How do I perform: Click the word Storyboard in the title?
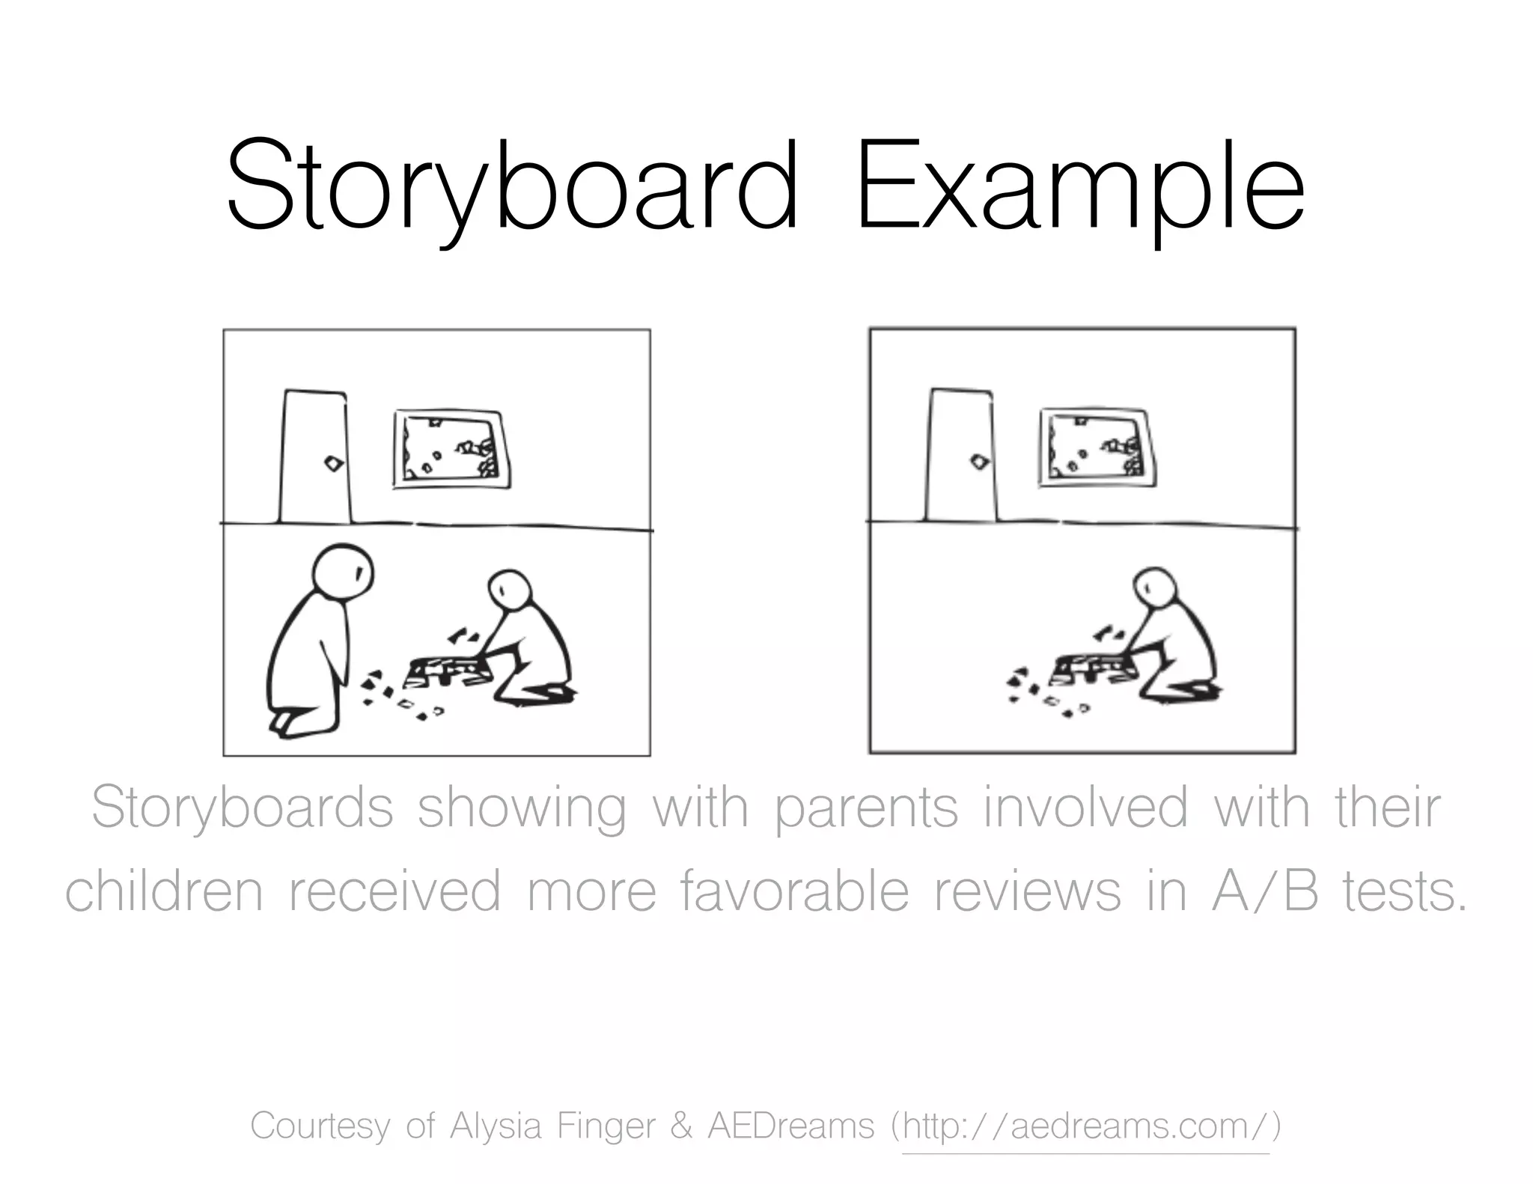pos(512,187)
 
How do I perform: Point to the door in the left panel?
pos(314,457)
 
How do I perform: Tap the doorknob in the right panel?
pos(979,462)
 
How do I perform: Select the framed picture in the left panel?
pos(451,449)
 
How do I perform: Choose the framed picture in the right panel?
pos(1097,448)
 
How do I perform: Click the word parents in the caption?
pos(865,808)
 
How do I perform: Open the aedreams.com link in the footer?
pos(1085,1126)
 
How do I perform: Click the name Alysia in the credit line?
pos(495,1126)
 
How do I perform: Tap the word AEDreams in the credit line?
pos(790,1126)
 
